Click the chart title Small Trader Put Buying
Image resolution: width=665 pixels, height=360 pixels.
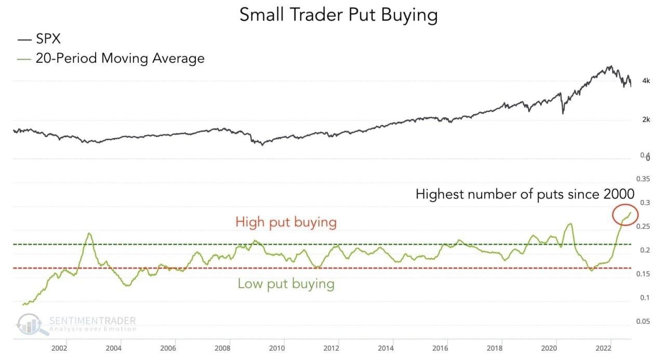point(338,15)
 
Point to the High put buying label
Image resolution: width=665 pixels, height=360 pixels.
point(286,222)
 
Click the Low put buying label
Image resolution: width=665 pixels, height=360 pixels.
point(286,284)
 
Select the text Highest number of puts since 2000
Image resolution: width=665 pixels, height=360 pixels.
point(525,194)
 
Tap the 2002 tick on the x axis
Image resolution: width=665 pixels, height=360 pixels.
point(59,348)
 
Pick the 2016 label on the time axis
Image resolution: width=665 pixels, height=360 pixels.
point(440,348)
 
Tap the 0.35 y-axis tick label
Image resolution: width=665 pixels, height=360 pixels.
point(643,179)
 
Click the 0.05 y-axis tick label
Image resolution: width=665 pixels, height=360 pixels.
point(643,322)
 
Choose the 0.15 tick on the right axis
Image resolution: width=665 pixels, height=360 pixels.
point(643,274)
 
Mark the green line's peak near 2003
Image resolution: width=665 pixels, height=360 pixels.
point(89,233)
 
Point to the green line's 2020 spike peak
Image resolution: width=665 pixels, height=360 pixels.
point(570,224)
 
